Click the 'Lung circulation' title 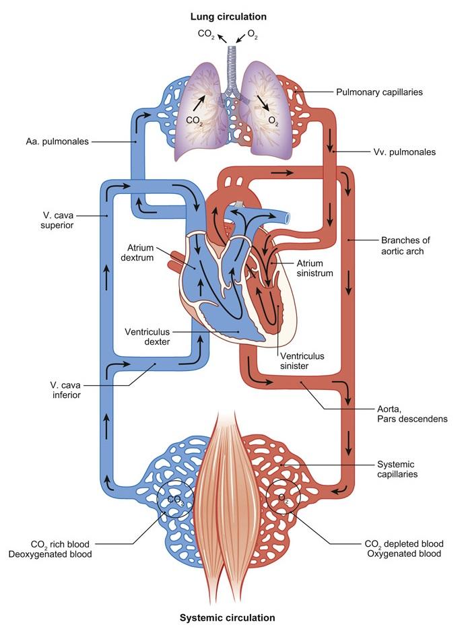228,15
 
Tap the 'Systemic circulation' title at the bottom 228,617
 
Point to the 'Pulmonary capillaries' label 380,92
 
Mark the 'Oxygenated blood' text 403,554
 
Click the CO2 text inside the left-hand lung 195,122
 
